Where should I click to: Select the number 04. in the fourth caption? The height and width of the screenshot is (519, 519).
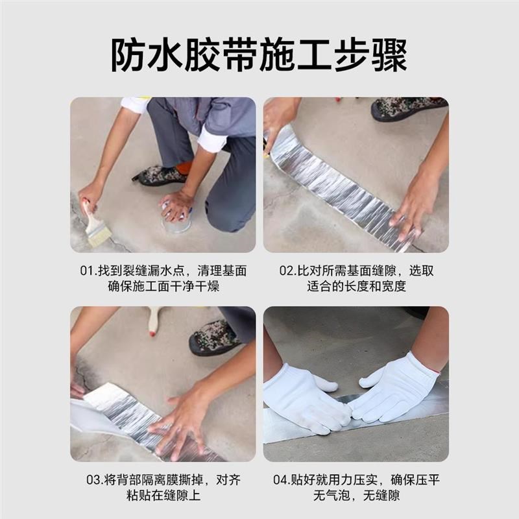coord(283,480)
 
